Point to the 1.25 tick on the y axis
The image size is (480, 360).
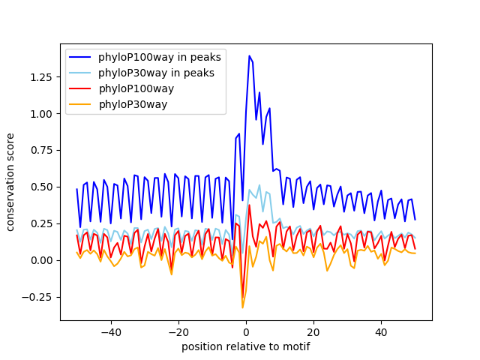click(42, 77)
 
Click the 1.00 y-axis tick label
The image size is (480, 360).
click(42, 114)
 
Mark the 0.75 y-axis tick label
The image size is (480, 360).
click(42, 150)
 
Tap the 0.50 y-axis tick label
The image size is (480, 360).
click(42, 187)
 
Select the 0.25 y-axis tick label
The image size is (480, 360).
click(42, 223)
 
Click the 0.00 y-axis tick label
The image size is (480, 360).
click(42, 260)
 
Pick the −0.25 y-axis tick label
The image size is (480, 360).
click(39, 297)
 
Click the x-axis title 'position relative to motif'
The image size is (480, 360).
click(245, 346)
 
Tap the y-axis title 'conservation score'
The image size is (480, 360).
click(11, 182)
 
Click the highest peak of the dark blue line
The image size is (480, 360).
click(249, 56)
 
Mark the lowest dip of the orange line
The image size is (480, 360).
click(242, 307)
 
